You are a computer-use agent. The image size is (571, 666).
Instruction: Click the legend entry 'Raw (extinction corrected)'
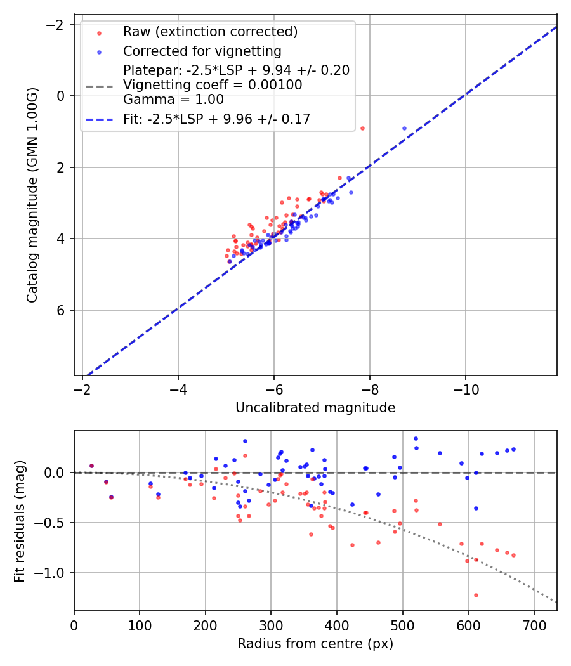[210, 32]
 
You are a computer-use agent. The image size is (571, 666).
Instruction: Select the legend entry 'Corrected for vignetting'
[202, 51]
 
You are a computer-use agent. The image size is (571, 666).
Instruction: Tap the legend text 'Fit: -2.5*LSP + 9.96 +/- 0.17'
[216, 119]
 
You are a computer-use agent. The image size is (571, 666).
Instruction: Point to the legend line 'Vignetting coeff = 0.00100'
[213, 85]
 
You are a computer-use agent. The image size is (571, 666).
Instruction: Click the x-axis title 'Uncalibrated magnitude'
[315, 408]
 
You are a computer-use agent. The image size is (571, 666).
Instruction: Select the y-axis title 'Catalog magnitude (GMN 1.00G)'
[33, 195]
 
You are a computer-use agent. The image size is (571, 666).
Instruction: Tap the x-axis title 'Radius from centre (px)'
[315, 644]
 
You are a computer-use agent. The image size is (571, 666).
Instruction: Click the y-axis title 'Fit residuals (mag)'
[20, 521]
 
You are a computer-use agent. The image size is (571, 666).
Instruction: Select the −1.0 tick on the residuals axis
[53, 573]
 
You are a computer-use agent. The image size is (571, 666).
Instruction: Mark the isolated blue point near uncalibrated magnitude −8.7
[404, 128]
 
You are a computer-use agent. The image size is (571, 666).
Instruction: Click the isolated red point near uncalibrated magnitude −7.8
[362, 128]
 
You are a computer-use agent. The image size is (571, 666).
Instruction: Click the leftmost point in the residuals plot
[91, 466]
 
